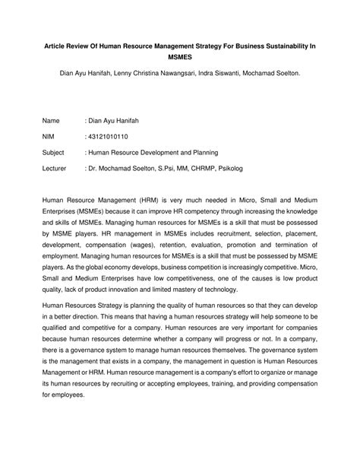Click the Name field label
point(51,121)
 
